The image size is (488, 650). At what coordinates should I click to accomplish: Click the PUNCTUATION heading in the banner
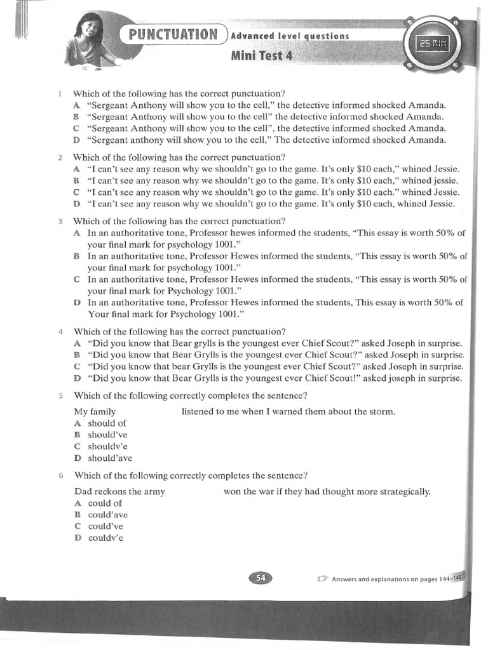pos(173,34)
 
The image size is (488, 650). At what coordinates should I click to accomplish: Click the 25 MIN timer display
pos(431,43)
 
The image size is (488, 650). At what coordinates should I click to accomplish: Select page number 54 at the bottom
pos(260,577)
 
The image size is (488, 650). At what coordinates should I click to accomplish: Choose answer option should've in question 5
pos(107,435)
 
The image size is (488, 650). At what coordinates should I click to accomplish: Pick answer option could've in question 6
pos(105,526)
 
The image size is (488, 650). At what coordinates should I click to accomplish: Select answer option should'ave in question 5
pos(110,458)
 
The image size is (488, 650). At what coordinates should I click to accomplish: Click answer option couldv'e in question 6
pos(105,538)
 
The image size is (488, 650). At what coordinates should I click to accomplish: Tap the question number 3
pos(60,222)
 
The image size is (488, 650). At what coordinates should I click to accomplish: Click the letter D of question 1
pos(76,140)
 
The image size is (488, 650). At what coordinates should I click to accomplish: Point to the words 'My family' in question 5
pos(95,411)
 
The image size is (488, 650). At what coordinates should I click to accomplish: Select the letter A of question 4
pos(77,343)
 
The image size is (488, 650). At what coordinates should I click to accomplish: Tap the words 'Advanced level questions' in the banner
pos(290,36)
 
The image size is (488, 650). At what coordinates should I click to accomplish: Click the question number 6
pos(60,475)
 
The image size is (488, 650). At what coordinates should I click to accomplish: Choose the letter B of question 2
pos(76,181)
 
